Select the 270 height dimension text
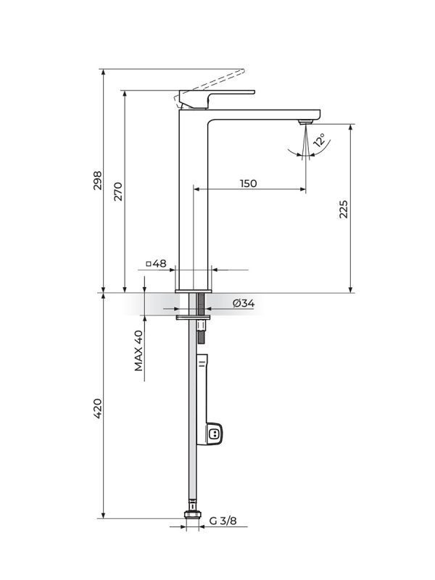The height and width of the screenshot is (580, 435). click(x=118, y=190)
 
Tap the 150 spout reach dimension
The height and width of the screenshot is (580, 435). click(x=248, y=183)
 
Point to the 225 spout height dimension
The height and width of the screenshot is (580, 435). click(x=344, y=209)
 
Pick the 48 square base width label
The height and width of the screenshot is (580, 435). click(x=160, y=263)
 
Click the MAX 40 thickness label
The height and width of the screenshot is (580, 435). click(x=138, y=350)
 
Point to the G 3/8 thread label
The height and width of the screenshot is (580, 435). click(x=223, y=521)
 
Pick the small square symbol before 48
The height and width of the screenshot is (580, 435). click(x=149, y=263)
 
